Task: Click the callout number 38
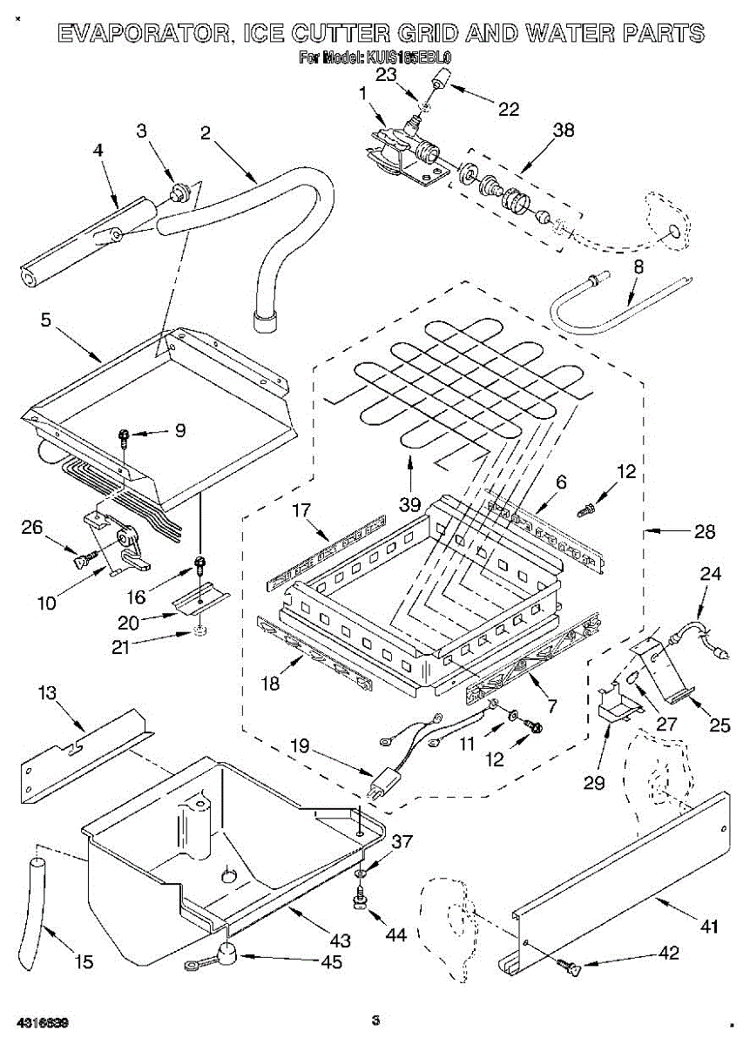[x=564, y=131]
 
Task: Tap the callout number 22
[x=508, y=109]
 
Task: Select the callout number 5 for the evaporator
[x=44, y=320]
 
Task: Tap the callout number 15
[x=83, y=961]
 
